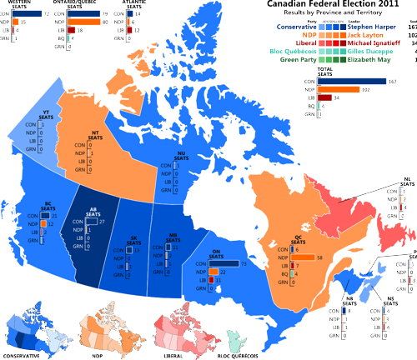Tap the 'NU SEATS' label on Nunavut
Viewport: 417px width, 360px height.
[x=180, y=158]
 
